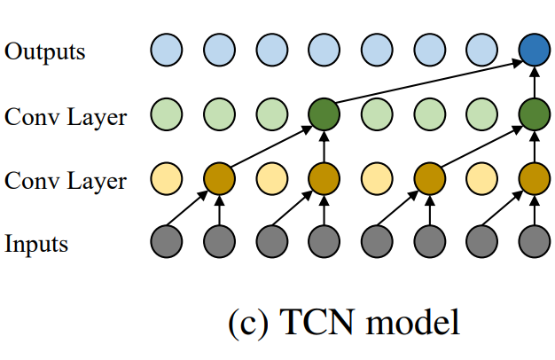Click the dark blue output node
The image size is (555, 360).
coord(534,50)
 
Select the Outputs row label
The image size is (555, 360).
coord(45,51)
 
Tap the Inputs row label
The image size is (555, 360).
coord(38,242)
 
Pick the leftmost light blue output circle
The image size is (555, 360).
coord(166,50)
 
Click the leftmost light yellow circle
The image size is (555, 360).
coord(166,177)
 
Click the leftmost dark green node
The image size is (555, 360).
coord(324,113)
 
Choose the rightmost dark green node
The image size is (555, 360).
coord(534,113)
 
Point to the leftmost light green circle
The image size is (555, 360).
coord(166,113)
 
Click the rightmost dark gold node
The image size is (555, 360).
coord(534,177)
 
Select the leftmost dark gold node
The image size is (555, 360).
coord(218,177)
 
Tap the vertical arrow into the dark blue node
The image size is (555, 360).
coord(534,82)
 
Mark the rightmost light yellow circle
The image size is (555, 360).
coord(481,177)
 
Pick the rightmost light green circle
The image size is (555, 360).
coord(481,113)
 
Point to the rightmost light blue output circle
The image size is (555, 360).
coord(481,50)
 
